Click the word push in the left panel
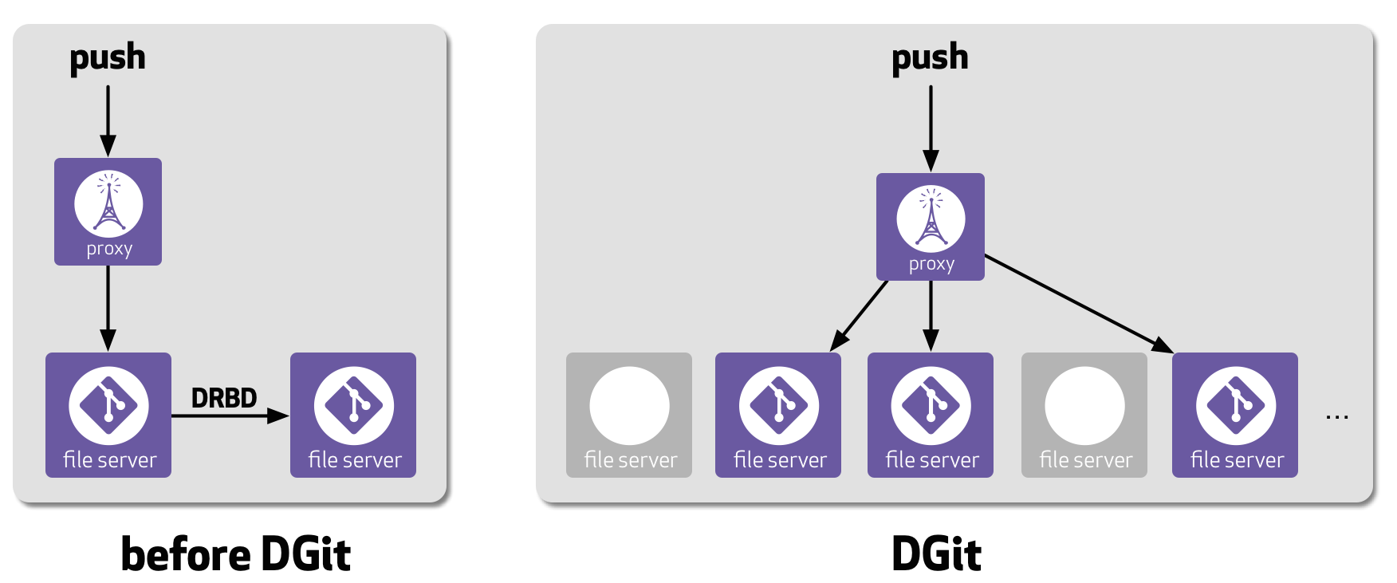point(108,58)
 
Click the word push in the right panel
point(930,58)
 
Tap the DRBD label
point(224,397)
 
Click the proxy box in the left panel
point(108,212)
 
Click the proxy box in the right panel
point(930,227)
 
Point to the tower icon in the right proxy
point(931,219)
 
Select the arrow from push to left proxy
point(108,120)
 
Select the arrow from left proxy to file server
point(108,307)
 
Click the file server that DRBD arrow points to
point(353,415)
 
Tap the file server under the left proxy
point(108,415)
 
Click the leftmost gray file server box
point(629,415)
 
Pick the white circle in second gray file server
point(1084,406)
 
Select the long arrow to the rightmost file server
point(1076,302)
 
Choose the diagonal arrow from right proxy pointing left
point(860,316)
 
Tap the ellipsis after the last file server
point(1336,416)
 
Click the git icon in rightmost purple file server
point(1235,405)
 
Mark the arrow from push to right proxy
point(931,128)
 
